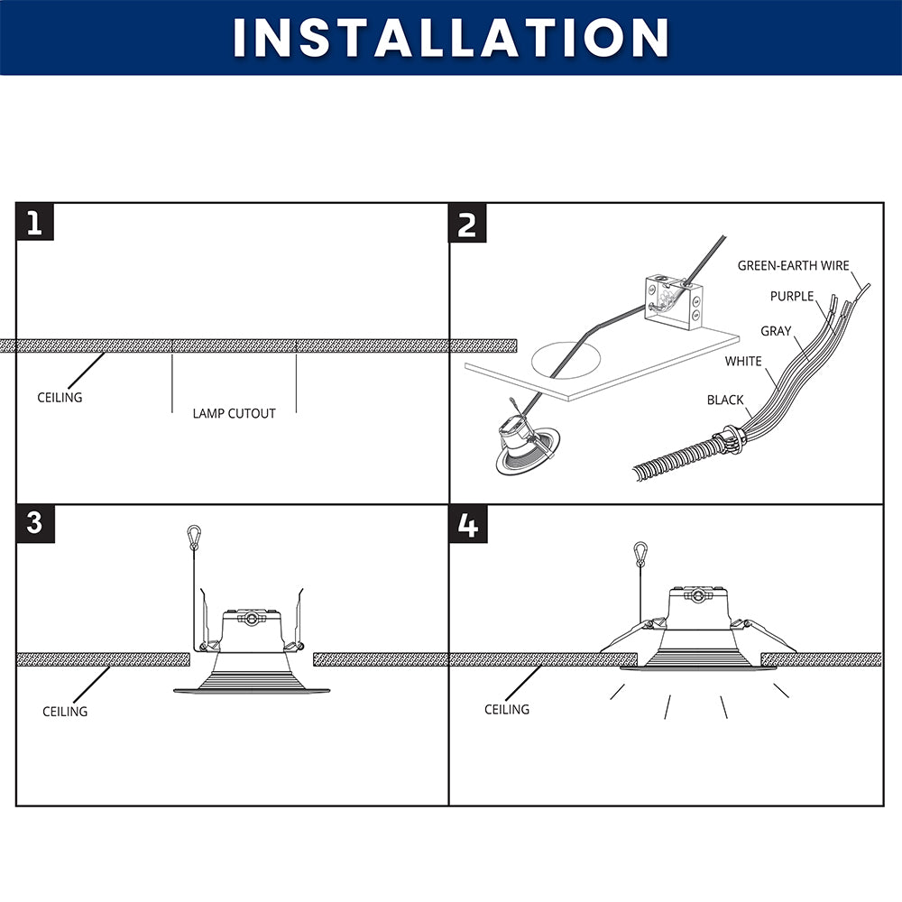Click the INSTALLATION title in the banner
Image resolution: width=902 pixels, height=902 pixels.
coord(451,37)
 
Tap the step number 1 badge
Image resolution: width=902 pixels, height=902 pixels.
coord(35,222)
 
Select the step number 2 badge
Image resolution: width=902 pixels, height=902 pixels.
coord(467,223)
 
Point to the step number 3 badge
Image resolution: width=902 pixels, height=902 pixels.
coord(35,523)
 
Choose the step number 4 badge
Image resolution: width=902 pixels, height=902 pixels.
coord(467,524)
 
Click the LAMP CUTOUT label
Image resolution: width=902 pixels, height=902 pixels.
coord(235,414)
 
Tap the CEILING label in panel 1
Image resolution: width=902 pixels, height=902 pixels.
coord(60,398)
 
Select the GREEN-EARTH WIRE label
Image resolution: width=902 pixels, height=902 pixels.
coord(793,266)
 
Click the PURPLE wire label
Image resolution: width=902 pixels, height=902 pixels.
coord(792,296)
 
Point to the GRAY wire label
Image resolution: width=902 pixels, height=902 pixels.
coord(776,331)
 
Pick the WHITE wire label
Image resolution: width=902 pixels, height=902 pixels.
coord(743,362)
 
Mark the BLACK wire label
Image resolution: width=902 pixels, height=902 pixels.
coord(725,400)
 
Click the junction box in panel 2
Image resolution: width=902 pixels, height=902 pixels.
coord(673,303)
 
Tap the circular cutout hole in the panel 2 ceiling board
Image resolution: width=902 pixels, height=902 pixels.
coord(566,361)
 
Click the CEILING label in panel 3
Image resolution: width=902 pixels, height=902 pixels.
coord(65,712)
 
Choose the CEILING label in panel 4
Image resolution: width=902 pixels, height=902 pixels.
coord(507,709)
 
